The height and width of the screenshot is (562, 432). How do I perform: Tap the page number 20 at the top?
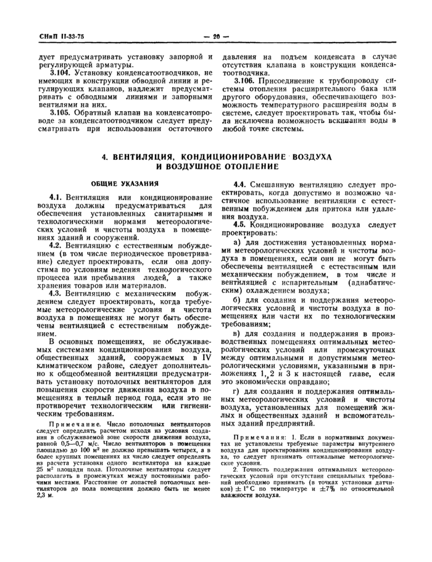216,36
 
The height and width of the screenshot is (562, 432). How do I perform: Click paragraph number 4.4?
243,185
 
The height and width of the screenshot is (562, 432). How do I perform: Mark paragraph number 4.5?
243,224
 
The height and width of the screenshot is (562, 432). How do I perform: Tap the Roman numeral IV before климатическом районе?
206,358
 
